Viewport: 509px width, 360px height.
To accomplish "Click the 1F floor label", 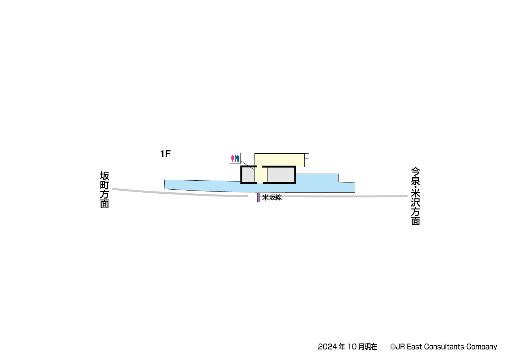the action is click(165, 154).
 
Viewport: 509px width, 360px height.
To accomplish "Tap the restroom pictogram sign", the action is click(235, 158).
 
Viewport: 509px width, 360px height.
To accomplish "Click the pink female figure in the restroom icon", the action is click(232, 158).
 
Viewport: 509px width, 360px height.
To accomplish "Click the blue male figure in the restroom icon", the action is click(238, 158).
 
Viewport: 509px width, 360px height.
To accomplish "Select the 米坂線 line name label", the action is click(272, 197).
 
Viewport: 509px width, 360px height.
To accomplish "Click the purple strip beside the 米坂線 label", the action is click(259, 197).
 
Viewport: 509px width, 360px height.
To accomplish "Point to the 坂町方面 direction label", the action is click(104, 190).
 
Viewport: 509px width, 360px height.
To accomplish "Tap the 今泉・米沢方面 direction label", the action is click(415, 196).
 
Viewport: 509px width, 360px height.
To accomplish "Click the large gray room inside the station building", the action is click(281, 175).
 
